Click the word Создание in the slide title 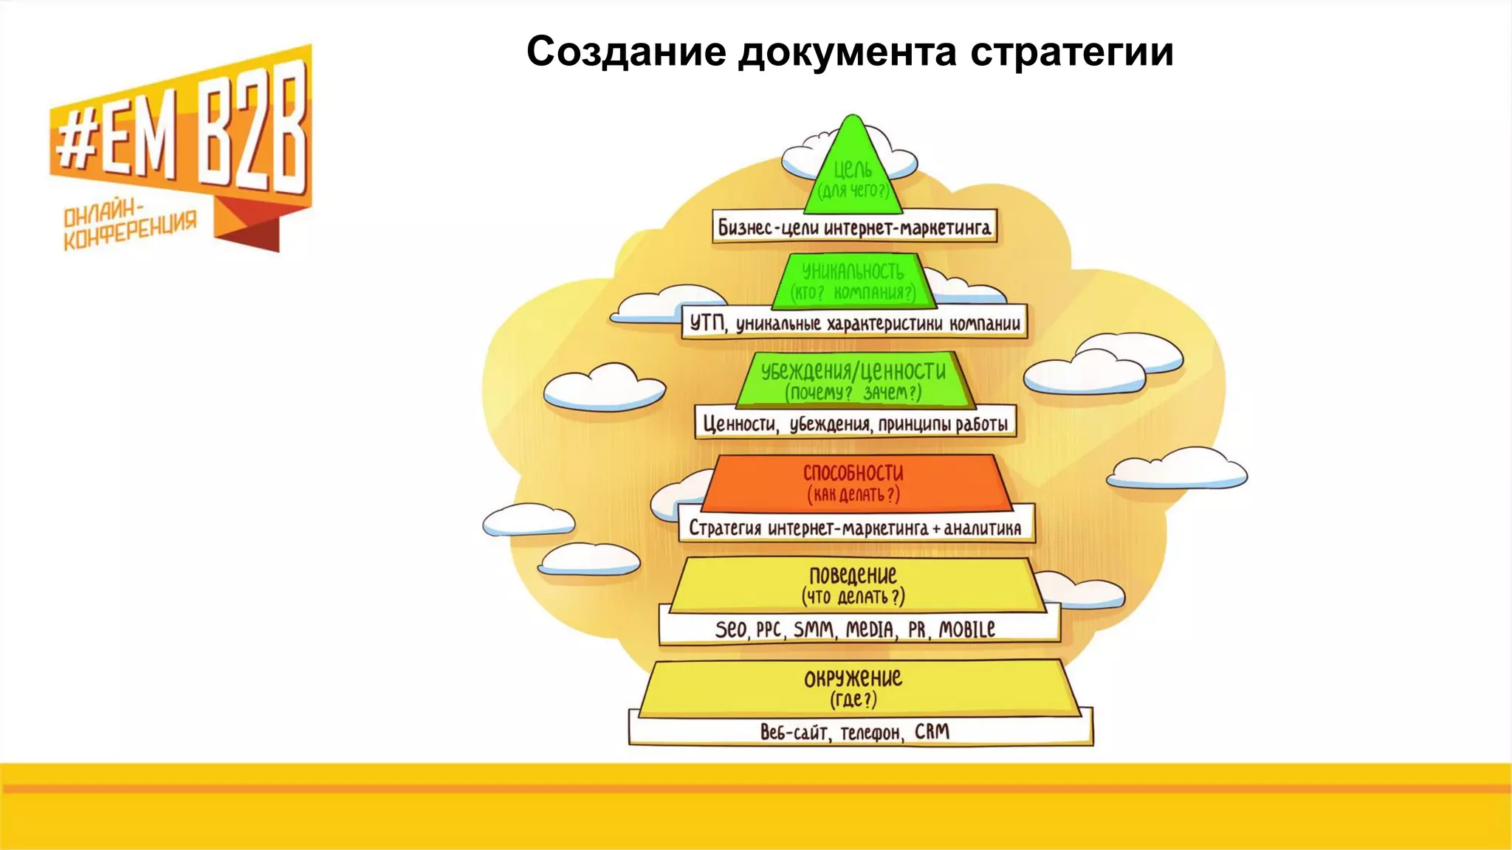point(626,52)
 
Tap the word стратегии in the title point(1071,52)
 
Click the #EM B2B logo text point(181,137)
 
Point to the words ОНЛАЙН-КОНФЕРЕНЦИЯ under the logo point(130,226)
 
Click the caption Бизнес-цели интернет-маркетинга point(854,227)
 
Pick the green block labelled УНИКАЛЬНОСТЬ point(853,280)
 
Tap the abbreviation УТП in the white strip point(708,323)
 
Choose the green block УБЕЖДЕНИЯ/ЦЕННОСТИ point(853,379)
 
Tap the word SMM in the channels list point(814,629)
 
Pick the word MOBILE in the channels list point(966,629)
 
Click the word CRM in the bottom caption point(932,732)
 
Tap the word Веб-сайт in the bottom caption point(794,732)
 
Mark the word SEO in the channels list point(731,629)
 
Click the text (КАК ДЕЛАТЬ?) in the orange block point(853,494)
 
